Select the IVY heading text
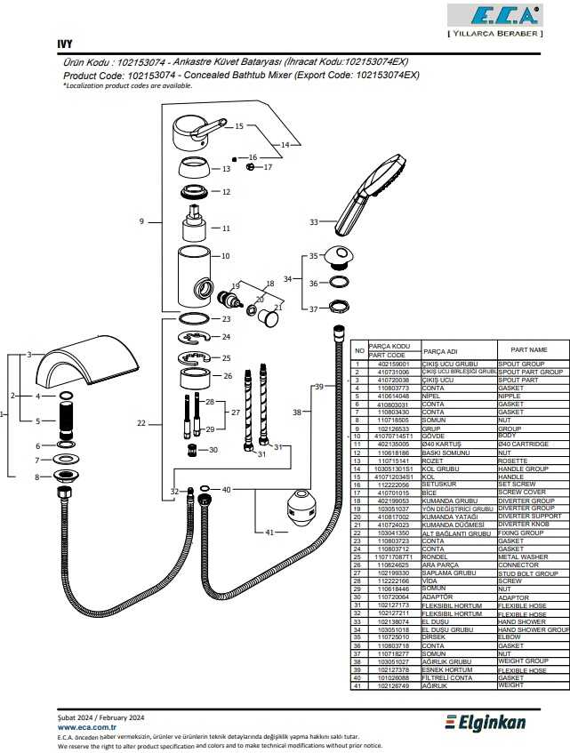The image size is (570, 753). click(65, 44)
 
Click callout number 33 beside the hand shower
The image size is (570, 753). click(313, 222)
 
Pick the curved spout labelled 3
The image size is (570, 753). click(90, 364)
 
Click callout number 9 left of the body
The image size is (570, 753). click(141, 221)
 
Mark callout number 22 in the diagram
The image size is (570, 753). click(141, 424)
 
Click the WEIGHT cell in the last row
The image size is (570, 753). click(511, 686)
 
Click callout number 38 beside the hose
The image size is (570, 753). click(297, 413)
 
